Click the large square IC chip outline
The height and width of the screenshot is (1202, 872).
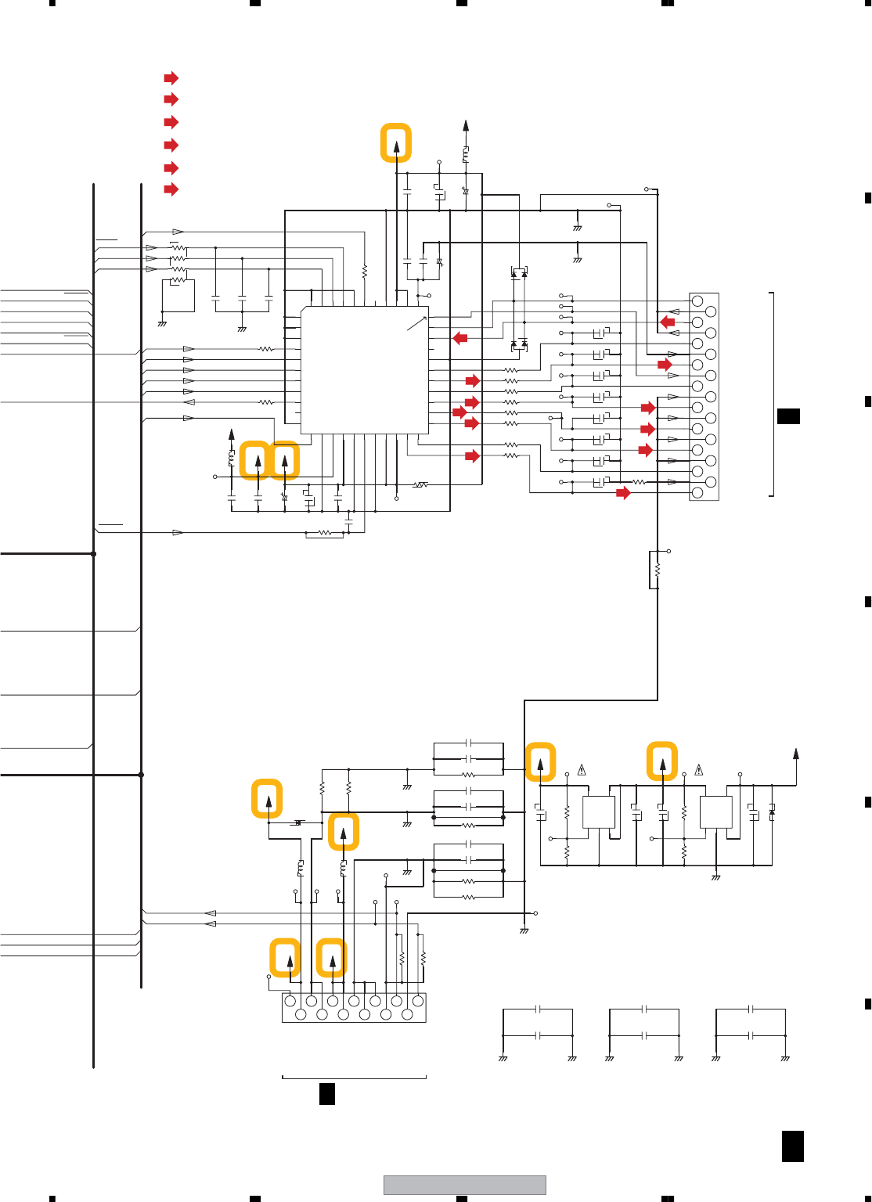[x=365, y=369]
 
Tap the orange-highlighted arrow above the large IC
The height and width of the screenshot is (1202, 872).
[x=396, y=143]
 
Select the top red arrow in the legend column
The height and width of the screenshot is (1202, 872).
[x=171, y=78]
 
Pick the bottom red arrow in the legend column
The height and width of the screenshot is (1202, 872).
[x=171, y=189]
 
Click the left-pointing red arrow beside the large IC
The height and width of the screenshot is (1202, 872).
[x=460, y=338]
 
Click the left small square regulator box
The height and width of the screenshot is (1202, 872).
[x=599, y=812]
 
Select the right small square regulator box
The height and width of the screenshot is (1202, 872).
[x=715, y=812]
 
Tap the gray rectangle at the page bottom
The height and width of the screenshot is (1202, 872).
[x=464, y=1185]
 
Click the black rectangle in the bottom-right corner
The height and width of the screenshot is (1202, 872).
[x=792, y=1146]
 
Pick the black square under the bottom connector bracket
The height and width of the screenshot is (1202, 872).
[x=327, y=1093]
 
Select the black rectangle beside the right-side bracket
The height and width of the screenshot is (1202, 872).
[x=788, y=416]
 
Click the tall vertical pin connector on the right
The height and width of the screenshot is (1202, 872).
[x=704, y=397]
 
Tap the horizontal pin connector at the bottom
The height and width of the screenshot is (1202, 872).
[x=354, y=1008]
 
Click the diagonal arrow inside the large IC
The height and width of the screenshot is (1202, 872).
[x=416, y=322]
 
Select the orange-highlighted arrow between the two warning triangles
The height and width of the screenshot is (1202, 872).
[x=662, y=762]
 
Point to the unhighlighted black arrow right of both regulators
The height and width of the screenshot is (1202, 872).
[x=796, y=754]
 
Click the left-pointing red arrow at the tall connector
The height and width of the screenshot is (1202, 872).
[x=667, y=322]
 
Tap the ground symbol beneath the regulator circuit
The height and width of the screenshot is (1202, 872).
[x=715, y=878]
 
